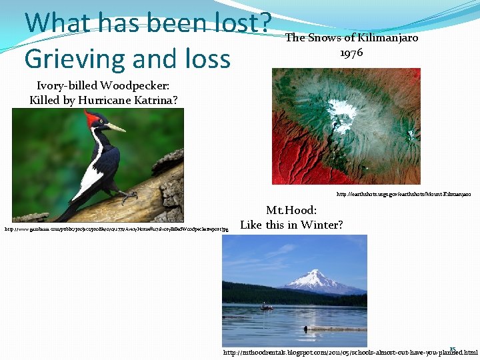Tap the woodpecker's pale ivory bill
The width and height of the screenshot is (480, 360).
(x=115, y=127)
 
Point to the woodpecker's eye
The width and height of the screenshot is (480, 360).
(x=99, y=123)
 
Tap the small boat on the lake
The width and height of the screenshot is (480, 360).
(x=266, y=307)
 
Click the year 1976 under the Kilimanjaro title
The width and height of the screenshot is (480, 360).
(x=351, y=53)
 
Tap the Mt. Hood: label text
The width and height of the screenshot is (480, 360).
(x=291, y=210)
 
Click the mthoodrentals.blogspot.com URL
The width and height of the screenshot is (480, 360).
(x=350, y=352)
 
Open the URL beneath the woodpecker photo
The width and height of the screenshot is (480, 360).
(x=117, y=229)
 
